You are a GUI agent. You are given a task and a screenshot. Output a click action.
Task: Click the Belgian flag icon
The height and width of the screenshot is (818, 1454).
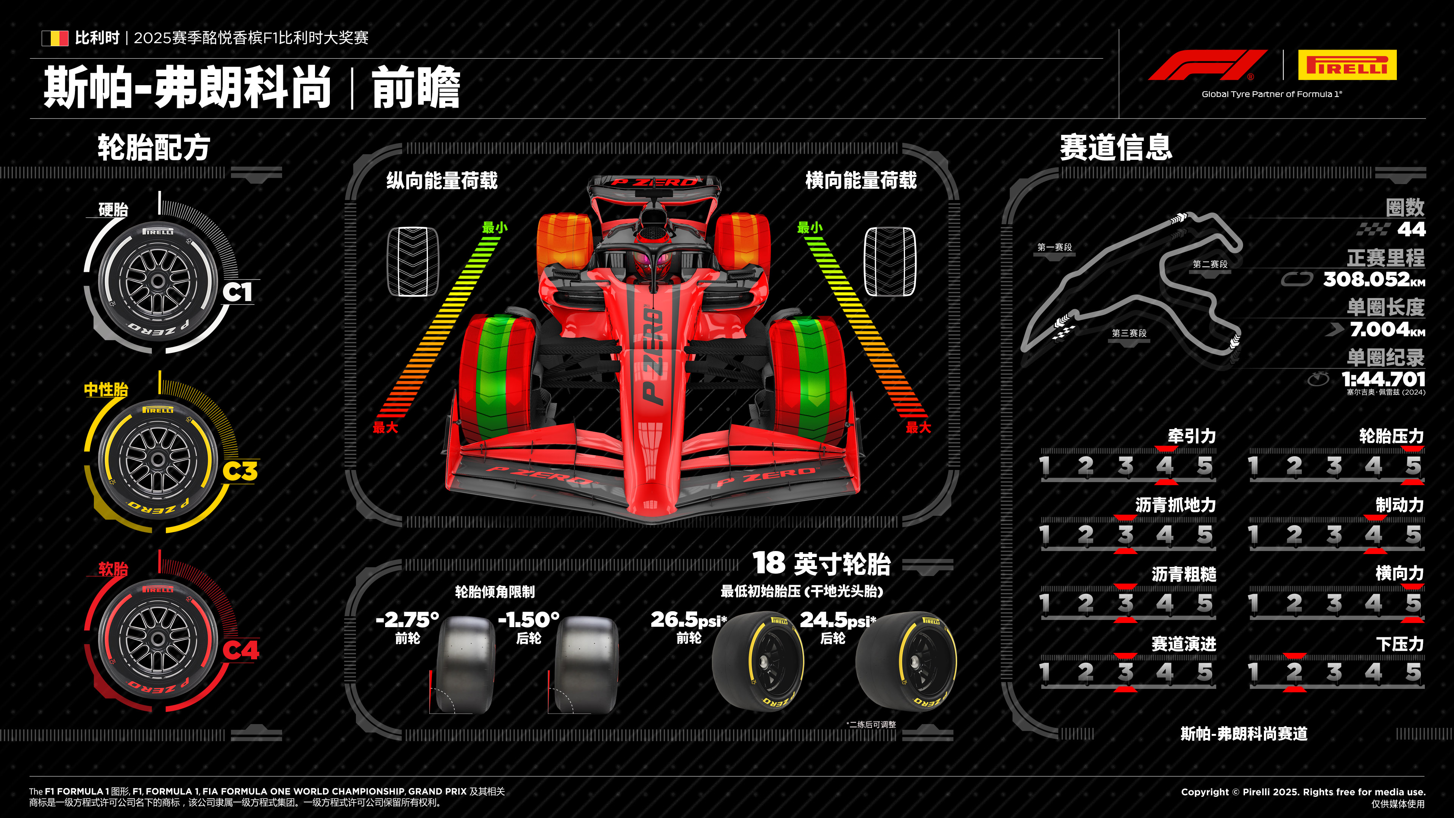[55, 38]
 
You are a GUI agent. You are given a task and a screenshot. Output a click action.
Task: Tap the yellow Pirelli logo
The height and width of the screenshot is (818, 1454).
[1347, 65]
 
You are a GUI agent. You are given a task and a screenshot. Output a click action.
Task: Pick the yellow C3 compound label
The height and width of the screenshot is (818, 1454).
[240, 471]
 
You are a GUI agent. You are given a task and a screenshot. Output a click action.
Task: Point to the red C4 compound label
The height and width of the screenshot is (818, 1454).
[240, 650]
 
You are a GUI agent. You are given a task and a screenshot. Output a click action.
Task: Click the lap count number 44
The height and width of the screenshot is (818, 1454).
[1411, 229]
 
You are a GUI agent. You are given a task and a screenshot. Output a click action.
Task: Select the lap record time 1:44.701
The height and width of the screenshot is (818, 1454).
[1383, 379]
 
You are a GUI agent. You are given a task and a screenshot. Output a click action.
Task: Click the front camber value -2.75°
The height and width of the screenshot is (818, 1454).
[407, 620]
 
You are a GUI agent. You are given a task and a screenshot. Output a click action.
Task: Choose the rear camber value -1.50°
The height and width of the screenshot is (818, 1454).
[528, 620]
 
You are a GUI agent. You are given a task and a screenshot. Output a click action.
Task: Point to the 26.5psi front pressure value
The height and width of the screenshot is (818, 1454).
[688, 620]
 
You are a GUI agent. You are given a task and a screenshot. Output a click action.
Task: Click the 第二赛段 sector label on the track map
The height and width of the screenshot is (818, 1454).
[1210, 264]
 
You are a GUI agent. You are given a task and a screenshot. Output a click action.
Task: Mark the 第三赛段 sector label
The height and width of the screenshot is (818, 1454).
[1129, 333]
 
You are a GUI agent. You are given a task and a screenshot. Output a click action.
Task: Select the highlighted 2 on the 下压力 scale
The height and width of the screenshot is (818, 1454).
[1294, 672]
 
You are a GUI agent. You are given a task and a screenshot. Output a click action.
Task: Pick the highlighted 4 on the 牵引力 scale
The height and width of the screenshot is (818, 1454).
[1165, 466]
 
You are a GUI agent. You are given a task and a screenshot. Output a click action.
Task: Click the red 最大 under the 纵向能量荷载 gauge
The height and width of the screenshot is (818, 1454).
[385, 427]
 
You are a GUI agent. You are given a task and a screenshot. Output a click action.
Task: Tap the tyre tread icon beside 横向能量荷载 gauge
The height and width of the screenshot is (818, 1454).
[890, 261]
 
